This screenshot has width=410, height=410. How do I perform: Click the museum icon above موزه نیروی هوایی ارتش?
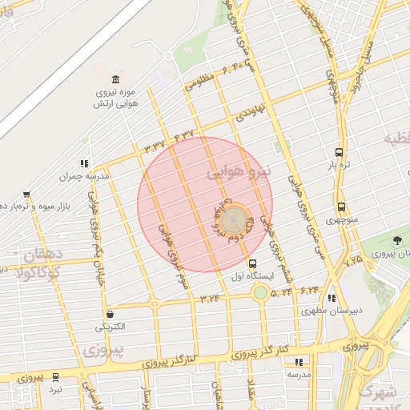point(117,79)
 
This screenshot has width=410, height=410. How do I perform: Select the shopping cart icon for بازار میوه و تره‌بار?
point(26,195)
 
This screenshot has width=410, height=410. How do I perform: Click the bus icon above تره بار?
point(340,152)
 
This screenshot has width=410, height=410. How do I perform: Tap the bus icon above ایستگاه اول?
point(253,263)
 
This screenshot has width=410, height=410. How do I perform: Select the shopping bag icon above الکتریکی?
point(110,314)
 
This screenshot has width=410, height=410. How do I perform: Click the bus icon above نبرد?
point(55,376)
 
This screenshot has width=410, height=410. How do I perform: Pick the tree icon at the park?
point(398,240)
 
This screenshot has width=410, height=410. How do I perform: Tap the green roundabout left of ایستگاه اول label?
point(261,292)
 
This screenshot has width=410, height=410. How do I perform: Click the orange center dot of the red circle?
point(233,219)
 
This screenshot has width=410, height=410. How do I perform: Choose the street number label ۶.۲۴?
point(311,288)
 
